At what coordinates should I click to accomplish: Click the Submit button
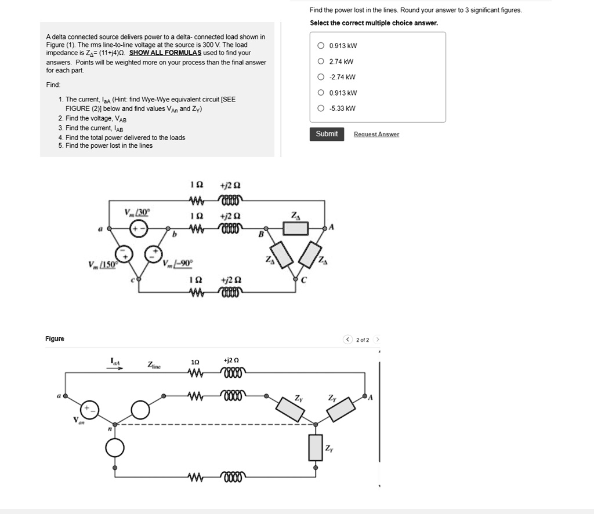coord(327,134)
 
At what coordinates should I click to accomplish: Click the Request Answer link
coord(376,134)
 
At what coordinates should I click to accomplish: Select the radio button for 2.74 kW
coord(321,61)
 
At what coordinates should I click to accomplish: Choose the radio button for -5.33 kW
coord(321,108)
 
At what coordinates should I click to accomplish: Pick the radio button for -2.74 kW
coord(321,77)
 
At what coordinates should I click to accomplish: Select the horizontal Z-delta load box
coord(296,228)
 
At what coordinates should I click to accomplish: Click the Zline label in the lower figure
coord(155,365)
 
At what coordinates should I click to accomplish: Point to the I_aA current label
coord(116,362)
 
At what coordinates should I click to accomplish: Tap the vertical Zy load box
coord(315,447)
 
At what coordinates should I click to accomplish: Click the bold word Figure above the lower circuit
coord(55,338)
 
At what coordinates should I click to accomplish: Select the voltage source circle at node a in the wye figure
coord(90,409)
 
